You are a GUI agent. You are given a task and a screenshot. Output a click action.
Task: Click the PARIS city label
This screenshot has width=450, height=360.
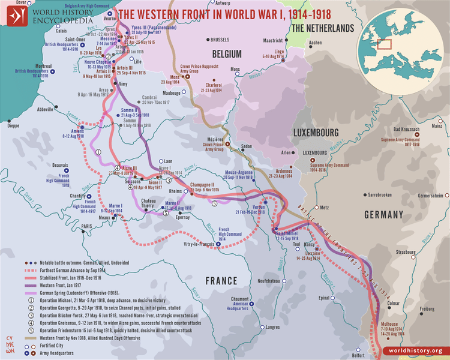click(x=89, y=226)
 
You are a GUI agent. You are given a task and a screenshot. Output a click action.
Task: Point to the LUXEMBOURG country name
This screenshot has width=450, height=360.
click(x=312, y=133)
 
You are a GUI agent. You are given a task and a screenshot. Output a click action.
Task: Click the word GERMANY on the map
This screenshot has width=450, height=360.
click(x=383, y=215)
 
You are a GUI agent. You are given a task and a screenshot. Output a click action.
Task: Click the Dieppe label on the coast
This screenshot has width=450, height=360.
click(x=13, y=125)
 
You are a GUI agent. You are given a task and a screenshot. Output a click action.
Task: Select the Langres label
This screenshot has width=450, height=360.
click(x=272, y=328)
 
